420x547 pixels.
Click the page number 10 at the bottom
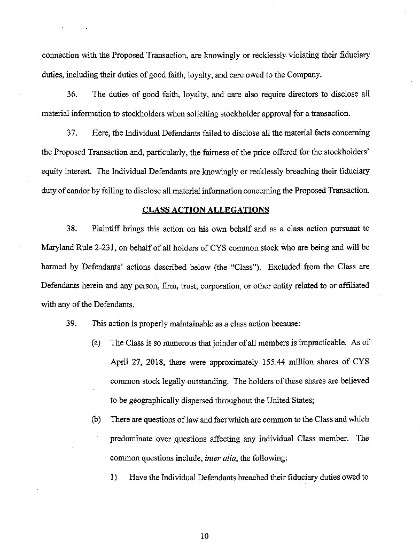[x=204, y=536]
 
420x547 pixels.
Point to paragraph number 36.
[x=72, y=95]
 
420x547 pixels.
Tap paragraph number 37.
[x=72, y=132]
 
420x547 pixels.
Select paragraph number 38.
[x=72, y=228]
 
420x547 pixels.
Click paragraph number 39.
[x=72, y=323]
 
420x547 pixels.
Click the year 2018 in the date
[x=154, y=362]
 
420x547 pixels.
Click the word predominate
[x=131, y=439]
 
